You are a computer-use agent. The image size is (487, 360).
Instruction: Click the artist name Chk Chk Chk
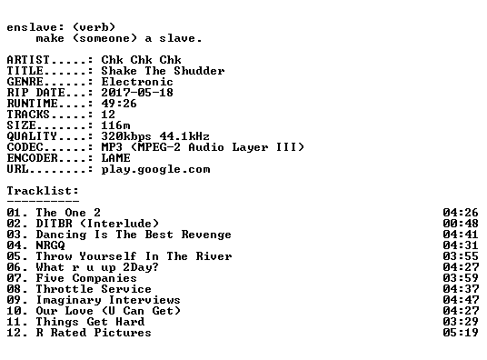point(141,60)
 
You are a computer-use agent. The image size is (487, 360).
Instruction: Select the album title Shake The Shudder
point(163,71)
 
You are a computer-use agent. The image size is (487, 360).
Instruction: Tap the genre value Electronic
point(137,82)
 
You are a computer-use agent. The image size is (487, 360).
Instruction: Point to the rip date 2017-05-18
point(137,93)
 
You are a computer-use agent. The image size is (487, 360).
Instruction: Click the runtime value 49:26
point(119,104)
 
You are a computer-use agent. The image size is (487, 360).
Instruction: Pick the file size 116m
point(115,125)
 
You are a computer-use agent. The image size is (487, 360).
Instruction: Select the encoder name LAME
point(115,158)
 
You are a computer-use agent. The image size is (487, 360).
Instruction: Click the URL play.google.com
point(155,169)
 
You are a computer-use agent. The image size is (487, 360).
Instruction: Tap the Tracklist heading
point(43,191)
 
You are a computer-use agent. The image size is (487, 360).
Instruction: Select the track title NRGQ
point(50,245)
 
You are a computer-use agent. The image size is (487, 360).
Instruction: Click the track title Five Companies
point(86,278)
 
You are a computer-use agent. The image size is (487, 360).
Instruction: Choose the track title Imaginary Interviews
point(108,300)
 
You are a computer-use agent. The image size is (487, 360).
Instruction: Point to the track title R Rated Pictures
point(94,333)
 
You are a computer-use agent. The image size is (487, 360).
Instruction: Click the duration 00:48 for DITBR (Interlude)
point(461,224)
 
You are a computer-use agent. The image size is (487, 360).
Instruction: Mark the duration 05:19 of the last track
point(461,333)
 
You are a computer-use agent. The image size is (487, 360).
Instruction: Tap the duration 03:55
point(461,256)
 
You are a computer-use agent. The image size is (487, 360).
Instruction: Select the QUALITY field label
point(32,136)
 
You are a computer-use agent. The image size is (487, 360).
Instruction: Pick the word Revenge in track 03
point(206,235)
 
